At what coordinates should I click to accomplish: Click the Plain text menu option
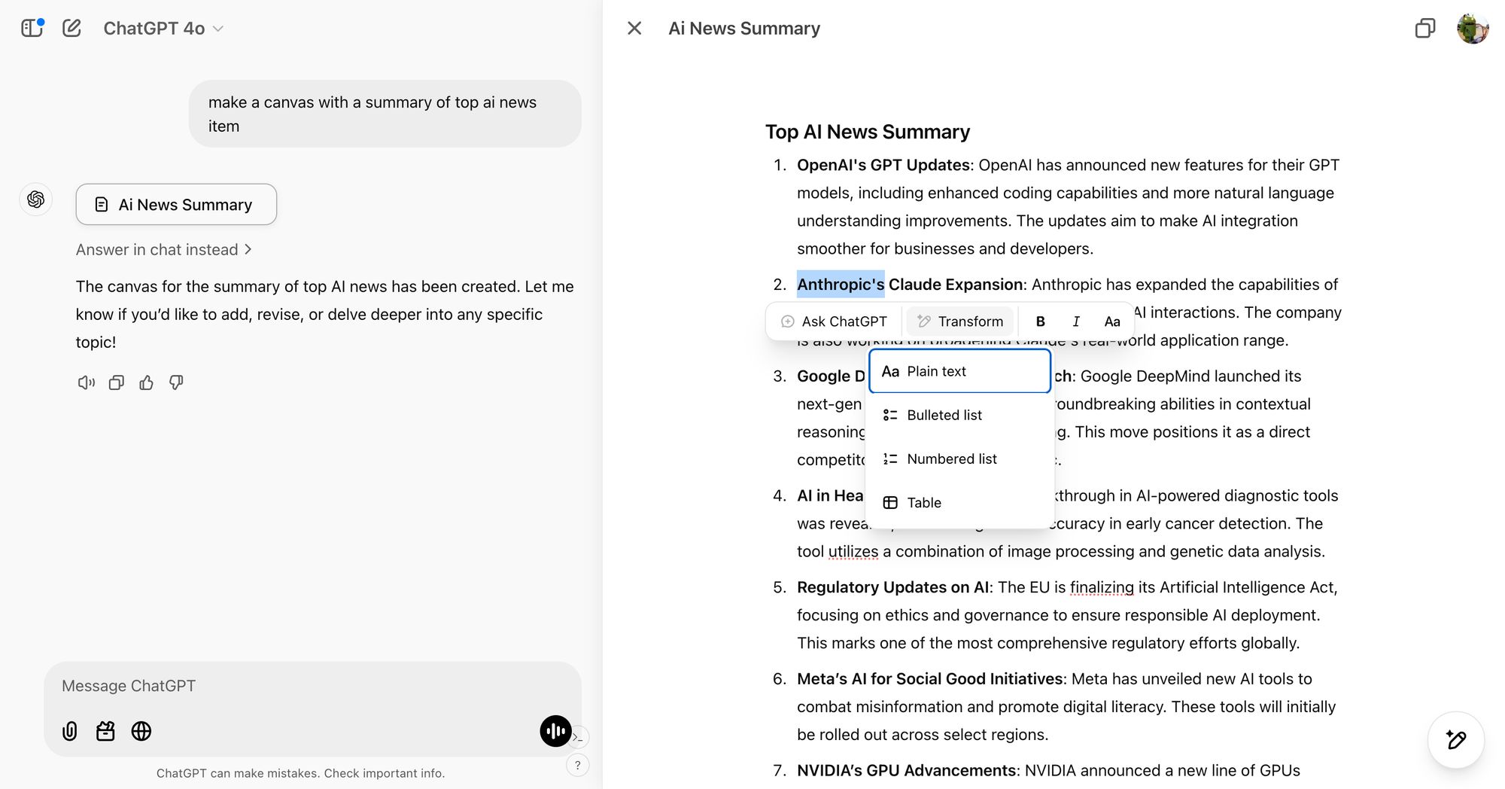point(959,371)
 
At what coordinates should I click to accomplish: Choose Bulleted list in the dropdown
point(944,415)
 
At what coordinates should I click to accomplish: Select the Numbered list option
point(951,458)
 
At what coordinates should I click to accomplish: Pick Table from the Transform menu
point(923,502)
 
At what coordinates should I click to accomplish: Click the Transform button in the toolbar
point(960,321)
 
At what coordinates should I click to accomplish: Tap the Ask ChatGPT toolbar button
point(834,321)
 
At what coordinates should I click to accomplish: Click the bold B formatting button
point(1040,321)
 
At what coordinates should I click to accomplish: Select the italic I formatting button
point(1076,321)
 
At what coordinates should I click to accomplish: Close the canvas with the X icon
point(634,29)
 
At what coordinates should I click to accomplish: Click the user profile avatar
point(1472,29)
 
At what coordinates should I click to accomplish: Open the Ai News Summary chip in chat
point(176,205)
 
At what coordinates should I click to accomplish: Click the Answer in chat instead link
point(163,250)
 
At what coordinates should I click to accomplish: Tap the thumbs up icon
point(146,382)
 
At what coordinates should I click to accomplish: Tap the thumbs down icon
point(176,382)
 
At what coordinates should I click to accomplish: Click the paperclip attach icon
point(69,731)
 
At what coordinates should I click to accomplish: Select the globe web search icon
point(141,731)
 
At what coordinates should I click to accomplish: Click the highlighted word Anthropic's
point(841,285)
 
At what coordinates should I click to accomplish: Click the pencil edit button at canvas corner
point(1455,740)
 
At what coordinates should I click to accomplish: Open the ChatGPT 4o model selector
point(163,29)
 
